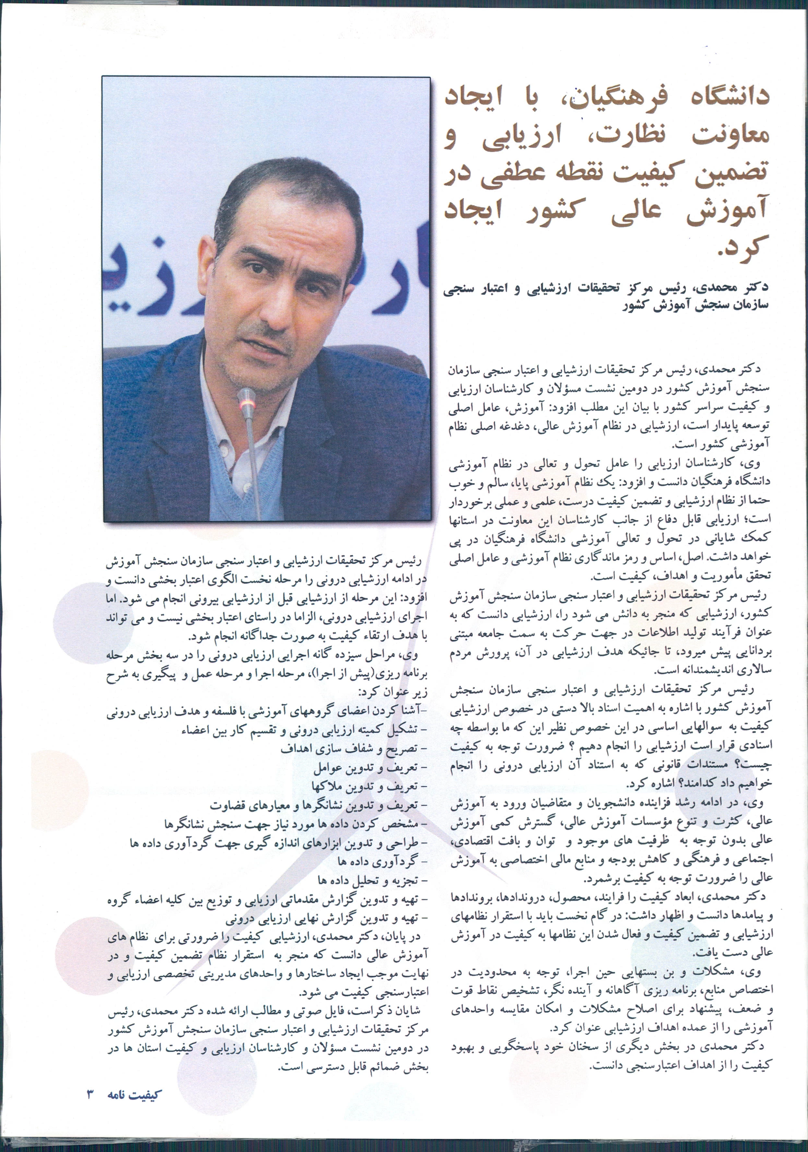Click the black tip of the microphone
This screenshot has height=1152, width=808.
point(246,395)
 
